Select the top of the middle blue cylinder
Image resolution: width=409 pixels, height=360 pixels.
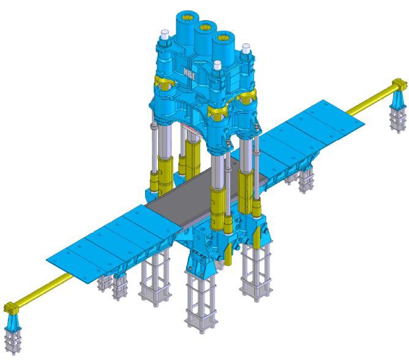205,26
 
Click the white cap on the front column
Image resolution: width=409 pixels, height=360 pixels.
217,64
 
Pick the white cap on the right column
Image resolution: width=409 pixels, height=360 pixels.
246,47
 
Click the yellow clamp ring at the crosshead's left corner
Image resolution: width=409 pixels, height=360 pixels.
163,81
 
